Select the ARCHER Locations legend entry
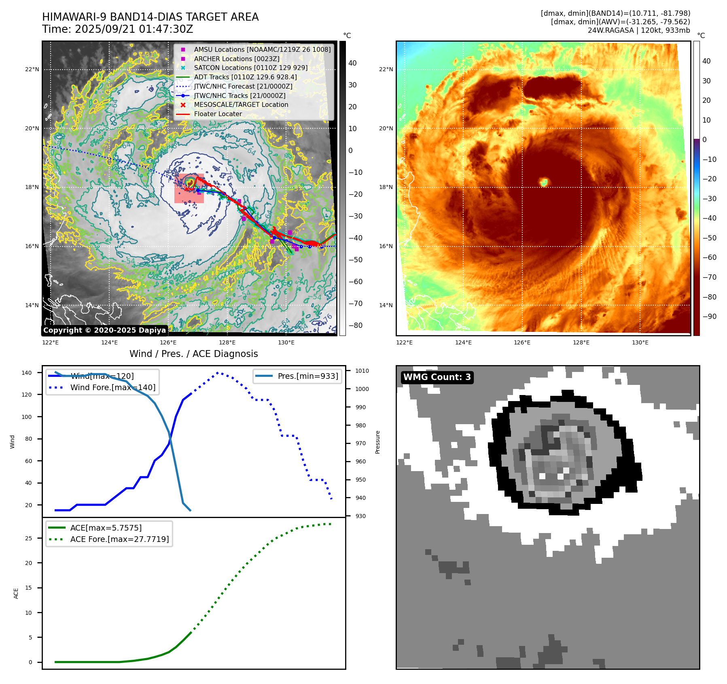[x=236, y=59]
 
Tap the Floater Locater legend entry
[x=218, y=114]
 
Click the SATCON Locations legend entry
[x=250, y=68]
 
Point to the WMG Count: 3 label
[x=437, y=377]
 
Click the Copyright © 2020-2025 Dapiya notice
[x=104, y=330]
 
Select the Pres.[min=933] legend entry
[x=307, y=376]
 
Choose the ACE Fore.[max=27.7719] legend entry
[x=119, y=539]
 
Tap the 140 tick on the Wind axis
[x=27, y=373]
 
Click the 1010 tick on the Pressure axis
[x=362, y=371]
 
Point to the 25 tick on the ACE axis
[x=28, y=538]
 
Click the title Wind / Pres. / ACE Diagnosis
[x=193, y=354]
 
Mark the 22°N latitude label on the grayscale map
[x=32, y=69]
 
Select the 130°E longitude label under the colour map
[x=640, y=342]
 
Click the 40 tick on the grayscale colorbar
[x=352, y=63]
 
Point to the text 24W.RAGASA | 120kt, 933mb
[x=639, y=30]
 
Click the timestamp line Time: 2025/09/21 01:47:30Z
[x=117, y=30]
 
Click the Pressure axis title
[x=377, y=442]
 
